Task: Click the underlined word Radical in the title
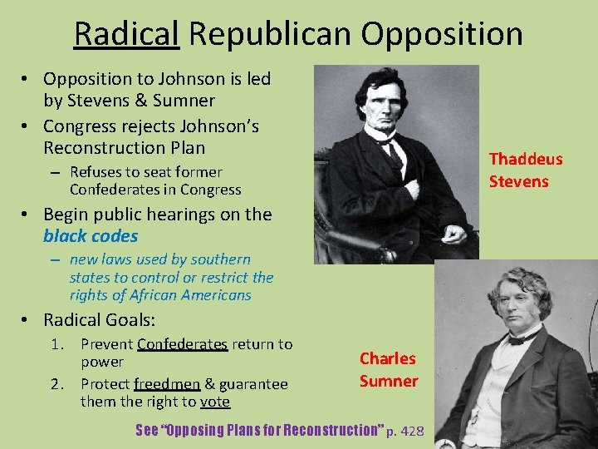coord(126,34)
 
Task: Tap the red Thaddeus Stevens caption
coord(525,170)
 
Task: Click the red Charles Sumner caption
coord(388,369)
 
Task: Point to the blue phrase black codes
coord(91,236)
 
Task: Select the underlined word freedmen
coord(167,384)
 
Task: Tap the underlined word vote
coord(214,402)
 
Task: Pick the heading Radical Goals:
coord(100,319)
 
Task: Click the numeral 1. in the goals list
coord(59,344)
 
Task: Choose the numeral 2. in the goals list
coord(59,384)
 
